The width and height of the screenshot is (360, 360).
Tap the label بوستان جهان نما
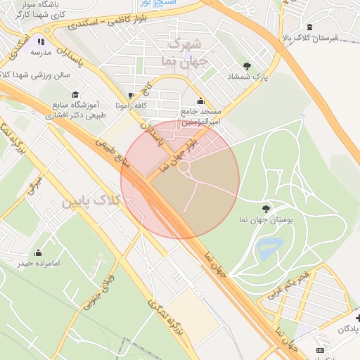(x=266, y=220)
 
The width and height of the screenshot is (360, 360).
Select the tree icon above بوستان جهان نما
(x=266, y=208)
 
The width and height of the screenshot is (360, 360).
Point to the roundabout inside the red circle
(x=184, y=167)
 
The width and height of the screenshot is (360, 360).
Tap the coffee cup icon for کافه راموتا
(x=131, y=95)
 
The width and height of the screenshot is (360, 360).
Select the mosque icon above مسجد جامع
(x=201, y=101)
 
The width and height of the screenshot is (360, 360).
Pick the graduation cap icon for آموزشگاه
(x=75, y=94)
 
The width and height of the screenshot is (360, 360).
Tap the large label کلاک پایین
(x=92, y=201)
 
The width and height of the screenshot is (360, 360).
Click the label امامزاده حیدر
(x=37, y=264)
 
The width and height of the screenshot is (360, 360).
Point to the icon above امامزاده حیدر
(x=38, y=252)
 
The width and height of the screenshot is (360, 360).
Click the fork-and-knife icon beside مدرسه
(x=40, y=41)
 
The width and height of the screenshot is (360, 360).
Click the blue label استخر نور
(x=176, y=4)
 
